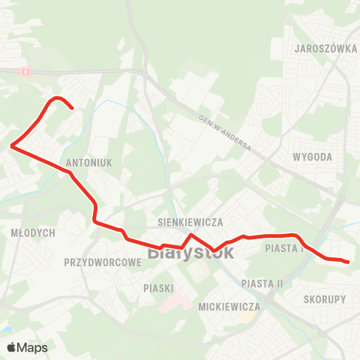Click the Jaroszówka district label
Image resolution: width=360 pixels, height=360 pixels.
tap(325, 47)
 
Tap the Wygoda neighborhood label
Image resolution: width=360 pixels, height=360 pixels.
tap(314, 157)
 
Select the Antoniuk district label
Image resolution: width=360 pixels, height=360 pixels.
tap(89, 162)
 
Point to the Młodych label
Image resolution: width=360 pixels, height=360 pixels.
tap(33, 233)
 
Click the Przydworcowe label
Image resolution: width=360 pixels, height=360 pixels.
tap(103, 262)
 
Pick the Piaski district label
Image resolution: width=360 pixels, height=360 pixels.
tap(158, 288)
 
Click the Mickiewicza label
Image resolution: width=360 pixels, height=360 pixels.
tap(229, 307)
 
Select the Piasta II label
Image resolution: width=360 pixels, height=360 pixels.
tap(262, 283)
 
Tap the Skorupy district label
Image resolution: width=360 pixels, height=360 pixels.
tap(325, 298)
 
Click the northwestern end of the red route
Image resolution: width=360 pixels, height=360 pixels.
tap(71, 109)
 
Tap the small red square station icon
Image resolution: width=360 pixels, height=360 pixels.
tap(26, 72)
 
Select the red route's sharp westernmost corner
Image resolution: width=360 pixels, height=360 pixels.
tap(11, 146)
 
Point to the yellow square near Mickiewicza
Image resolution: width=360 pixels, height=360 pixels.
tap(244, 318)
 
